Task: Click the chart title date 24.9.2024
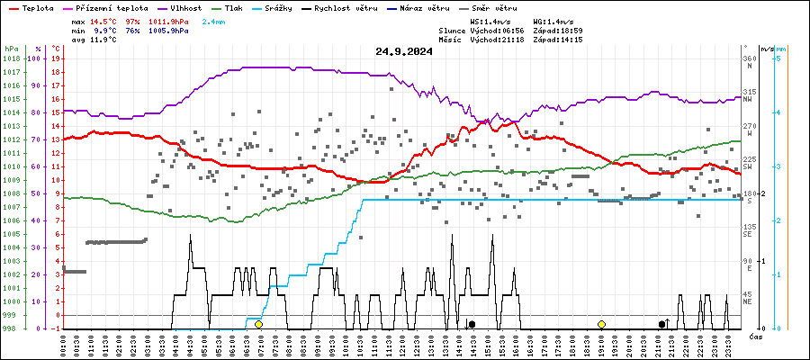coord(404,51)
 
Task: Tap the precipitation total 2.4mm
coord(214,20)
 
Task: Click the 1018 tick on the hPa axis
coord(11,58)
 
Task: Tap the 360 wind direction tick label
coord(749,58)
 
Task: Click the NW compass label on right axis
coord(747,100)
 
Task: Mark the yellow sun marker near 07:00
coord(258,324)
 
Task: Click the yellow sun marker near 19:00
coord(601,324)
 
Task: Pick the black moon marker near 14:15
coord(472,324)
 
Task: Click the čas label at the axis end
coord(758,336)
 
